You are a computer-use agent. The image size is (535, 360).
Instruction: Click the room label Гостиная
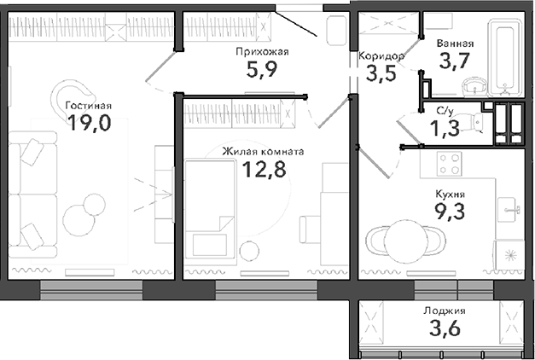point(88,106)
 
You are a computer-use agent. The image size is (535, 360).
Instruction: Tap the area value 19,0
point(88,124)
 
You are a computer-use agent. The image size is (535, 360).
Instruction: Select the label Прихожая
point(262,52)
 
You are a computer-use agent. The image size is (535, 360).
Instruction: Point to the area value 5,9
point(262,70)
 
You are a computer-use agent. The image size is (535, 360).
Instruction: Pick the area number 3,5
point(381,73)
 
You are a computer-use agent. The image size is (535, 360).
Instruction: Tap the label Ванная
point(455,43)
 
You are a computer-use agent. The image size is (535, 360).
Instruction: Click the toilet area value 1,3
point(444,128)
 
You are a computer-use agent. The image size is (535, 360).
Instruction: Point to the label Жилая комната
point(263,151)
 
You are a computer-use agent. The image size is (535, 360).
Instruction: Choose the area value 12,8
point(263,169)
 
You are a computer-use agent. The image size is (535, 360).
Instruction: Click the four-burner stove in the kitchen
point(448,162)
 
